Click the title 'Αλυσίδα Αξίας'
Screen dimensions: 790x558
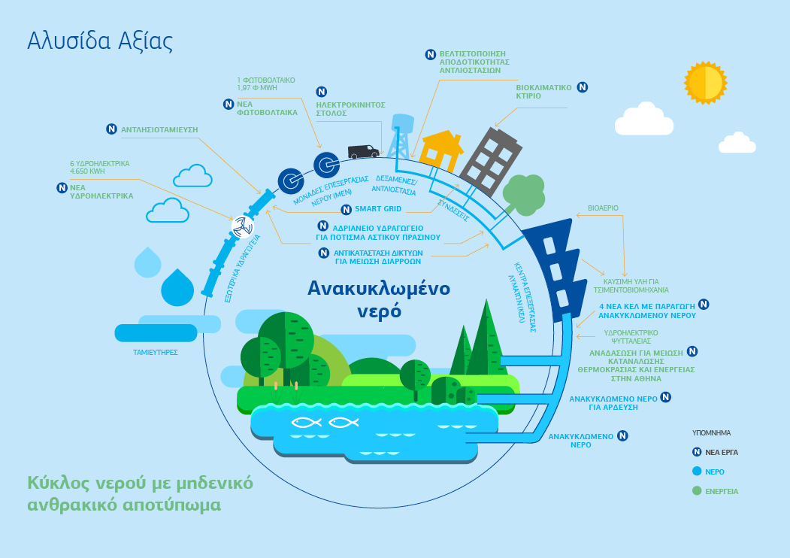tap(100, 41)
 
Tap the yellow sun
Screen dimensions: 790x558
tap(705, 83)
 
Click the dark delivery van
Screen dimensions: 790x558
tap(363, 151)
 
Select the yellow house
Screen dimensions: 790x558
tap(441, 150)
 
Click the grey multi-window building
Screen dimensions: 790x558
tap(491, 161)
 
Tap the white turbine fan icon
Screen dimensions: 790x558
tap(242, 227)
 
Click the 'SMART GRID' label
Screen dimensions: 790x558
tap(378, 208)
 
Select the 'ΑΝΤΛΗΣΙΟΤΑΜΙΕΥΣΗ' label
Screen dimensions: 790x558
tap(159, 129)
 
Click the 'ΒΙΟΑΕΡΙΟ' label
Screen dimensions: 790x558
tap(603, 208)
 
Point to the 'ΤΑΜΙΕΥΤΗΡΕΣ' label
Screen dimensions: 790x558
tap(155, 353)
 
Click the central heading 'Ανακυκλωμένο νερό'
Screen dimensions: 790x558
tap(379, 299)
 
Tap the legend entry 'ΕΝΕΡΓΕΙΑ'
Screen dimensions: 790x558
tap(722, 492)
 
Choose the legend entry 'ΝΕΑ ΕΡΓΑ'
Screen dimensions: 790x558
tap(722, 452)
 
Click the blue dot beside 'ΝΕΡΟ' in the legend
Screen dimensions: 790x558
tap(697, 472)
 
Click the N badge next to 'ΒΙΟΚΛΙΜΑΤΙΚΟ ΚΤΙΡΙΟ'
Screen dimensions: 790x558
tap(583, 87)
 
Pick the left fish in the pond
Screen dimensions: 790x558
tap(307, 423)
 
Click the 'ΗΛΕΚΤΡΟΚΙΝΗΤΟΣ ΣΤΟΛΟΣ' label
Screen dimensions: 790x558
tap(351, 109)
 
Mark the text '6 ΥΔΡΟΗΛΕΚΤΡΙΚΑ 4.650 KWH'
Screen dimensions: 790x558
tap(100, 168)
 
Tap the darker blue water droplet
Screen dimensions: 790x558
tap(177, 287)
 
